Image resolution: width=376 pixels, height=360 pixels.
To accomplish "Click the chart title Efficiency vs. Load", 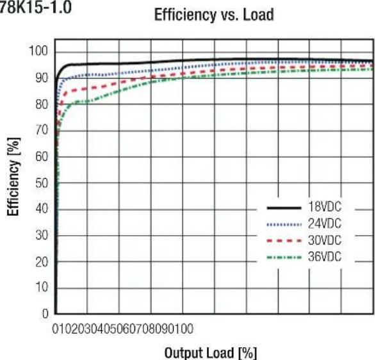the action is pos(214,15).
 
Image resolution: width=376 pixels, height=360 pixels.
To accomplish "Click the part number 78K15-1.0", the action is pos(35,7).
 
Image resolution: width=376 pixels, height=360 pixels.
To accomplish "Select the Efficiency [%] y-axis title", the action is pos(13,177).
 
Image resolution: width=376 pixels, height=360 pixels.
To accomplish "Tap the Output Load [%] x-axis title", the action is pos(211,352).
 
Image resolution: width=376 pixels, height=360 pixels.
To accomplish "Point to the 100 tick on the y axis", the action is pos(38,51).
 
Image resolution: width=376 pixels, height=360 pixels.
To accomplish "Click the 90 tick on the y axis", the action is pos(42,78).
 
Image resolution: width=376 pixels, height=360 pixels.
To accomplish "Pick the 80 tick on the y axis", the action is pos(42,104).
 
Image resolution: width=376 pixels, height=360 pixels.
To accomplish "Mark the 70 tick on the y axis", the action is pos(42,130).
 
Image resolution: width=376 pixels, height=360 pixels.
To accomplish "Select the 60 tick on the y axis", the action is pos(42,156).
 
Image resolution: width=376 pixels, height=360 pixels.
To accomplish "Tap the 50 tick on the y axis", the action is pos(42,183).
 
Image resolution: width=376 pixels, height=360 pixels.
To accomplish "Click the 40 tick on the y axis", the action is pos(42,209).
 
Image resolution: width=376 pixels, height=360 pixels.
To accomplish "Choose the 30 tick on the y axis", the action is pos(42,235).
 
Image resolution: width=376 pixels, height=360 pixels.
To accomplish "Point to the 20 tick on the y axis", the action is pos(42,262).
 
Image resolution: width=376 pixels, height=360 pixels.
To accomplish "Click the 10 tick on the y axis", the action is pos(42,287).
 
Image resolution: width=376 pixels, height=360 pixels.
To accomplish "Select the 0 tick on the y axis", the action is pos(45,313).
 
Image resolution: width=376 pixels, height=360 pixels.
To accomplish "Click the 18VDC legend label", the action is pos(325,207).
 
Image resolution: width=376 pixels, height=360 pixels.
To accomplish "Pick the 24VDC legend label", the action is pos(325,224).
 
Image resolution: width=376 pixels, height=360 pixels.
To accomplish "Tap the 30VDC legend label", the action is pos(325,240).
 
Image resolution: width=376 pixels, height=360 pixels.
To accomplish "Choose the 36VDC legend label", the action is pos(325,257).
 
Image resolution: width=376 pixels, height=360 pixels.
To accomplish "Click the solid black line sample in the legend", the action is pos(284,208).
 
